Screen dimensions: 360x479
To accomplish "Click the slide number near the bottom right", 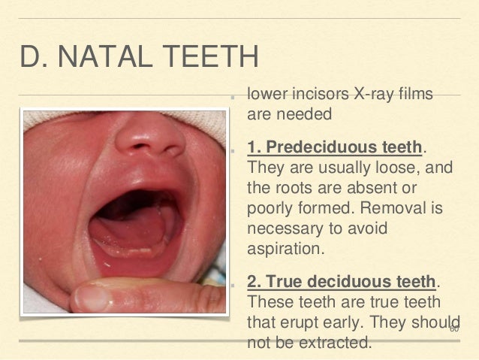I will pyautogui.click(x=454, y=329).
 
